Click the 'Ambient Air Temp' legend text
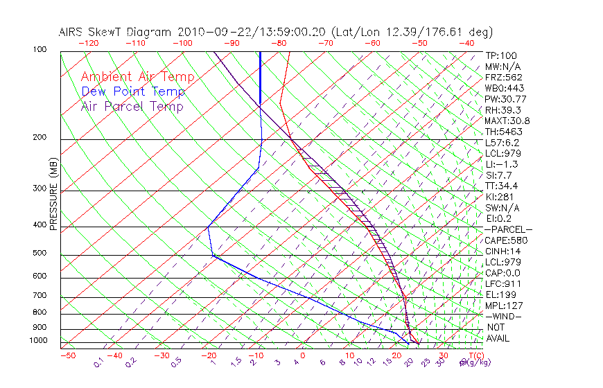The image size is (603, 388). tap(137, 77)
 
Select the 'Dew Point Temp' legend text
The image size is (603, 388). tap(132, 91)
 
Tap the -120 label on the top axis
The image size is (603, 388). tap(88, 43)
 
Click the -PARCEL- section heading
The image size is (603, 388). tap(508, 229)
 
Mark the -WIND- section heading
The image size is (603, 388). tap(503, 316)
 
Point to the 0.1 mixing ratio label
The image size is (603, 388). tap(98, 361)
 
